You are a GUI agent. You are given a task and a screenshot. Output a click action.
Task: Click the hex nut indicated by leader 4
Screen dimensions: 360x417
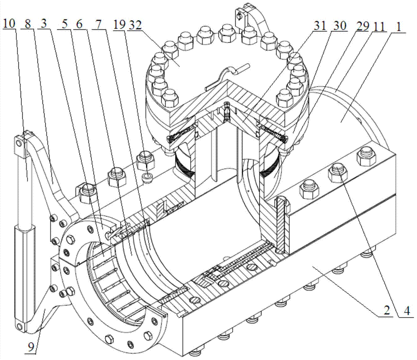click(x=337, y=170)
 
